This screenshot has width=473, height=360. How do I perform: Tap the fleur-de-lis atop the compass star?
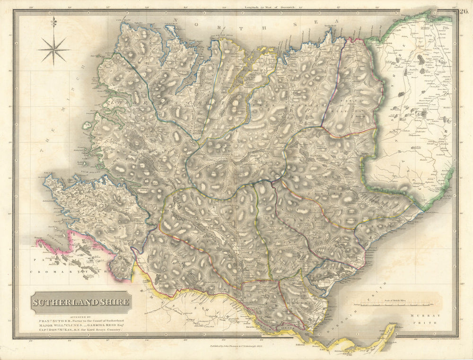pos(54,22)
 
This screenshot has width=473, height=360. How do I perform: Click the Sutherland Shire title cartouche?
pos(81,302)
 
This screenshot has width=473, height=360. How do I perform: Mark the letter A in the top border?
pos(338,21)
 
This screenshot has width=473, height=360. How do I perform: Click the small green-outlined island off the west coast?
pos(87,126)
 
